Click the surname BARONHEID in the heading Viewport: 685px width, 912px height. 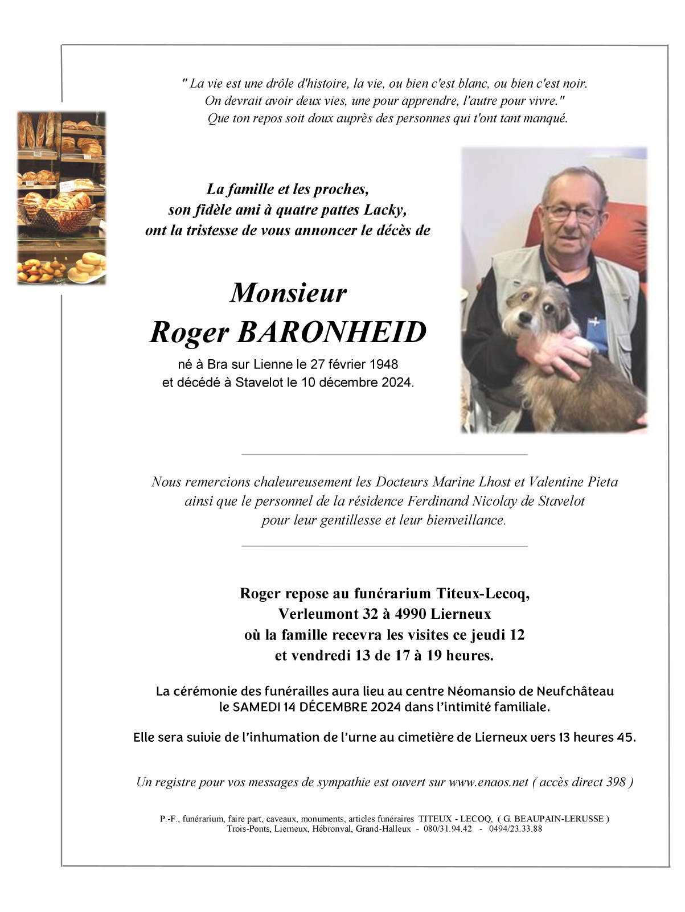point(331,332)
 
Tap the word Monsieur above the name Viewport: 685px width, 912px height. point(288,293)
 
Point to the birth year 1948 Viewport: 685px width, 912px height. point(384,364)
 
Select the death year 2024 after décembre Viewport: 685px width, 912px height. point(396,383)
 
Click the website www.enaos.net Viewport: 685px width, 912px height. point(489,782)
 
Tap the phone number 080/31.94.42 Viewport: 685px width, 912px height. point(448,829)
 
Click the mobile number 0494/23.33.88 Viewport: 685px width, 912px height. point(515,829)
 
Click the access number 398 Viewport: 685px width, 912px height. point(616,782)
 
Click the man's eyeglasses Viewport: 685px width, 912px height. point(571,213)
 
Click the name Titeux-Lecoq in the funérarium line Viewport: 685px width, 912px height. point(483,594)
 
